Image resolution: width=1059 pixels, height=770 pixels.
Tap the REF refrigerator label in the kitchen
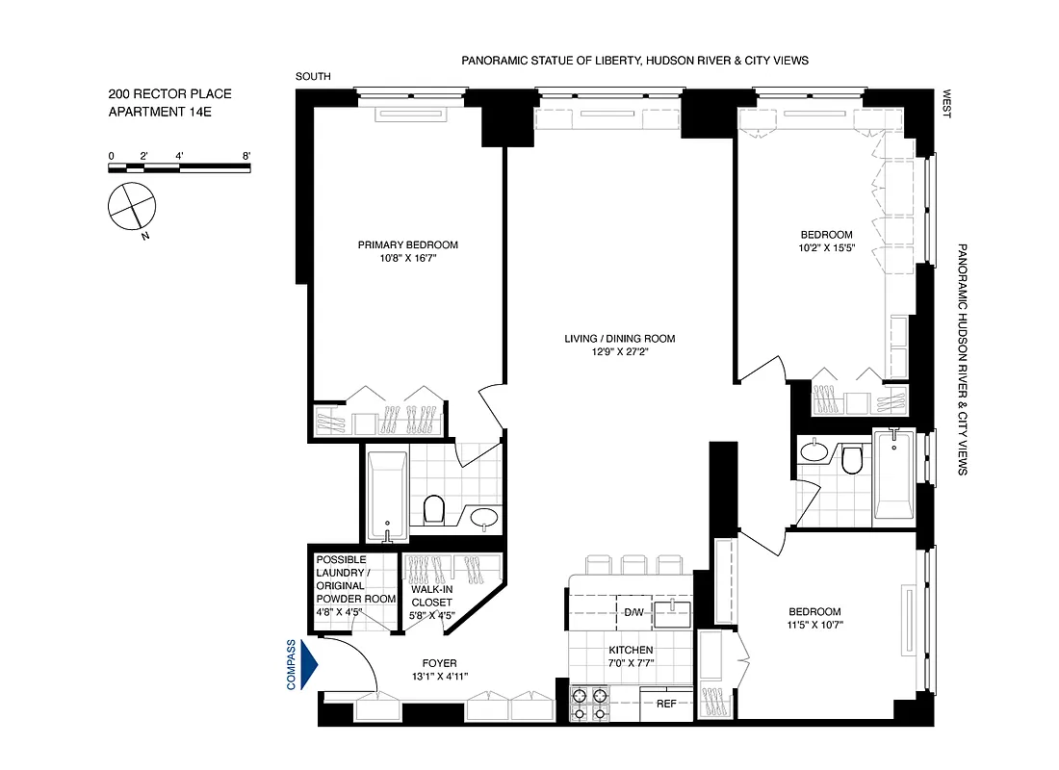tap(666, 704)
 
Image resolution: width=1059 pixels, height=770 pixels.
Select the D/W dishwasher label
tap(633, 612)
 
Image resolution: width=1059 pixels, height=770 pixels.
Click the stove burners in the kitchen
tap(590, 704)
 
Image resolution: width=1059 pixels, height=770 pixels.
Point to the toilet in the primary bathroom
tap(434, 508)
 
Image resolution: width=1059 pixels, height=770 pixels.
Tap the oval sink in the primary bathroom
tap(484, 519)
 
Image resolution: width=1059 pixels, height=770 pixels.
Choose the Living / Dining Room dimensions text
tap(620, 352)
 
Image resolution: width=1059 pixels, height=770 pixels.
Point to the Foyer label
tap(439, 663)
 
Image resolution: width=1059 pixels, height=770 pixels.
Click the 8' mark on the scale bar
tap(247, 156)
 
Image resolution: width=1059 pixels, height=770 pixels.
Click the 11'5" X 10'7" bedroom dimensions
tap(814, 626)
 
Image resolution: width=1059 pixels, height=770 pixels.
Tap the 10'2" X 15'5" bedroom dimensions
tap(826, 248)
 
